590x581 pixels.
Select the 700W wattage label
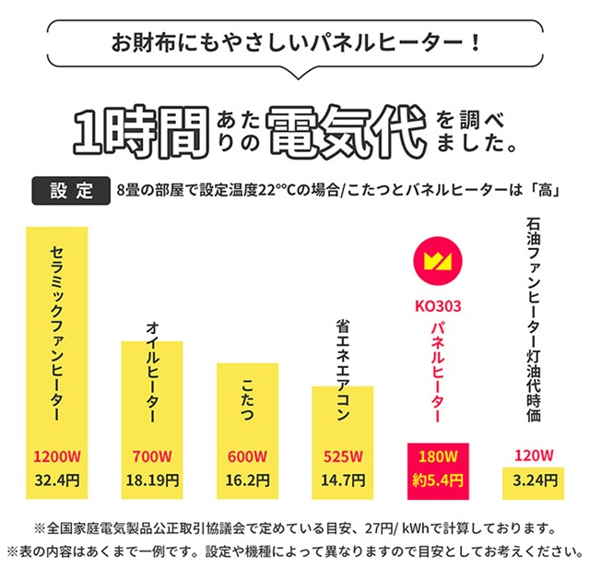click(153, 456)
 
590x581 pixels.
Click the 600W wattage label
click(248, 456)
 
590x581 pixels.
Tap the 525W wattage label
click(343, 456)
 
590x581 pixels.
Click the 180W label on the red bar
click(438, 456)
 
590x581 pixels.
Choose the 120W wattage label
click(533, 456)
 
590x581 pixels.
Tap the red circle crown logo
click(438, 260)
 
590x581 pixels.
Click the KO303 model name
click(438, 304)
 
